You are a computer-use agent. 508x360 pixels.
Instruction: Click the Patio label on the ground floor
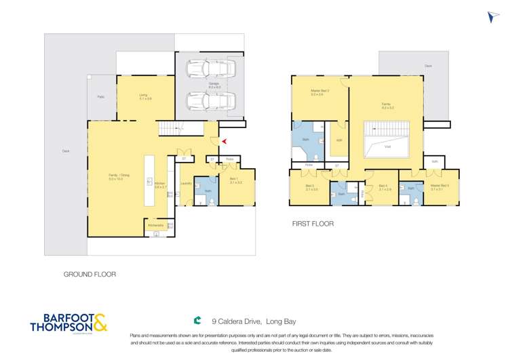coord(101,97)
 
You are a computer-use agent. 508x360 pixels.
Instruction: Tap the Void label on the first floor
coord(387,146)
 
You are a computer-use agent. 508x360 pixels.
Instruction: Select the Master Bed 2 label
coord(320,92)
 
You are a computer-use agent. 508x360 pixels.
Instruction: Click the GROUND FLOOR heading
coord(90,275)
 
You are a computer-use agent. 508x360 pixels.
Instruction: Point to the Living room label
coord(144,97)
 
